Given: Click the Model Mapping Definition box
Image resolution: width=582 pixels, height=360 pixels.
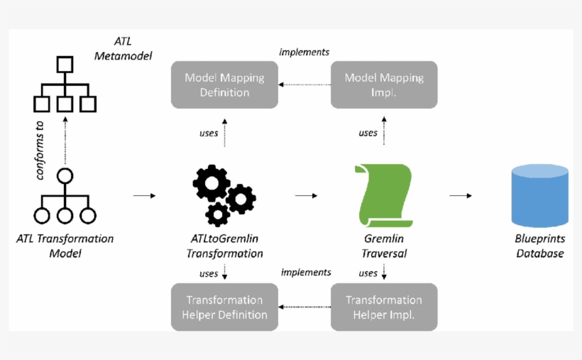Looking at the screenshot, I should tap(224, 84).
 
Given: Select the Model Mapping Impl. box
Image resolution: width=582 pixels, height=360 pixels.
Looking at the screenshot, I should tap(384, 84).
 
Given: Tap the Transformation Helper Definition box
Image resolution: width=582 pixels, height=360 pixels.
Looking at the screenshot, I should tap(224, 307).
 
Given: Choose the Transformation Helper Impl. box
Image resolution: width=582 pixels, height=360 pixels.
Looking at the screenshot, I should tap(384, 307).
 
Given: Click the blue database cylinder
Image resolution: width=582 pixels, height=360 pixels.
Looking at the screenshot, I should tap(540, 195).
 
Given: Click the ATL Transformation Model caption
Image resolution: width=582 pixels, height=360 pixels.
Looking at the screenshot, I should tap(65, 246).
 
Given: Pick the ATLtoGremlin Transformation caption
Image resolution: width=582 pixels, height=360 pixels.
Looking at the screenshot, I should tap(224, 246).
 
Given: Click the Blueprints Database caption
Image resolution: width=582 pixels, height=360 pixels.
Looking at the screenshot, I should tap(540, 246).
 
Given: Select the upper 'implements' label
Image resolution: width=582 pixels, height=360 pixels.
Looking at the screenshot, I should tap(304, 52).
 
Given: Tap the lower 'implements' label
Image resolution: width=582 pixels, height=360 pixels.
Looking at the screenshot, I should tap(306, 272).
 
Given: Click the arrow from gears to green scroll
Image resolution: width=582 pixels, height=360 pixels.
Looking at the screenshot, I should tap(306, 195).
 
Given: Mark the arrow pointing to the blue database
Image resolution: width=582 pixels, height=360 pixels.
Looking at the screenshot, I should tap(461, 195).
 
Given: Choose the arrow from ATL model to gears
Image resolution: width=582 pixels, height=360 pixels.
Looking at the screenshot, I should tap(144, 195).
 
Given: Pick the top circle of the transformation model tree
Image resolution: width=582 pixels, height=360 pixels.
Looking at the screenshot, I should tap(65, 177).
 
